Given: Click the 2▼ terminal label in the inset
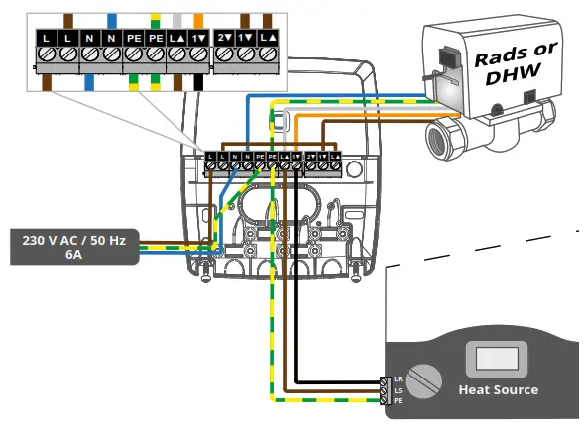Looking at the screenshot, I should pos(223,36).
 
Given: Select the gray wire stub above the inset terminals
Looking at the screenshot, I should pos(177,19).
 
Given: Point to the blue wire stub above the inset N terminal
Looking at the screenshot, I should pos(112,19).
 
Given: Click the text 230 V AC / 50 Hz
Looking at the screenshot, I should pos(73,239).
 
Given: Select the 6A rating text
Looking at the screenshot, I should pos(73,254).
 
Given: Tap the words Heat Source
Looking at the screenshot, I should pos(498,389).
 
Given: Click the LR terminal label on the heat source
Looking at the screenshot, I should pos(398,379).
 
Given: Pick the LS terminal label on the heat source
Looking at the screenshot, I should pos(398,390).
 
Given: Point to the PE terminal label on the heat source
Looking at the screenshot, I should pos(398,400).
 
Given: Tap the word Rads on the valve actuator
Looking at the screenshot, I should pos(502,56).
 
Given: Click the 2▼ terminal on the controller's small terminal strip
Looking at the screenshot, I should pos(310,157).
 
